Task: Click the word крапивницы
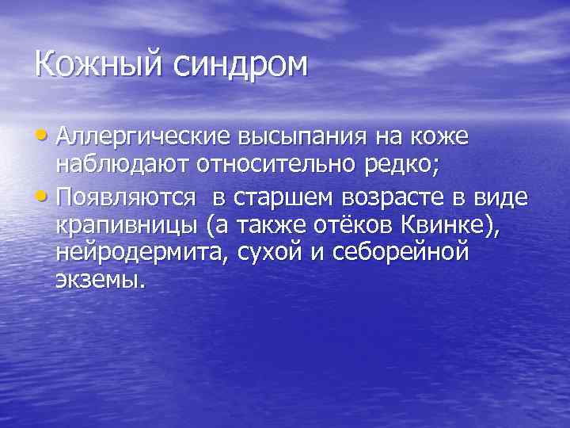[126, 226]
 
